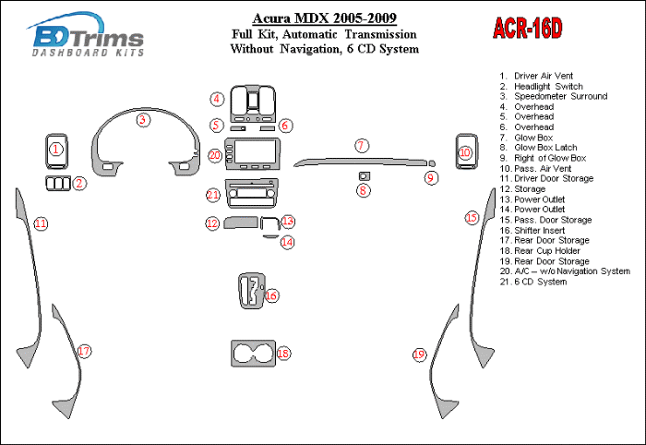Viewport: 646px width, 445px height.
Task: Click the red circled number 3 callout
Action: click(x=142, y=119)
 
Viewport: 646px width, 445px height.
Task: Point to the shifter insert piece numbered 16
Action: click(x=249, y=292)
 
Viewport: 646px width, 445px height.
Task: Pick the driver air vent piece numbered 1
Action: click(x=56, y=150)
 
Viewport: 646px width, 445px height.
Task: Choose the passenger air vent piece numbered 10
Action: click(x=465, y=153)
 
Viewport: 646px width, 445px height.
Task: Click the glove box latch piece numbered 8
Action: click(x=364, y=175)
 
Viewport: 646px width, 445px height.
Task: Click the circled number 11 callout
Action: click(x=41, y=223)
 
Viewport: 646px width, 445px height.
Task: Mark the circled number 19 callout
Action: click(x=419, y=355)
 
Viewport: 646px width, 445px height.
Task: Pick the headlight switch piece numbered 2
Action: click(x=60, y=183)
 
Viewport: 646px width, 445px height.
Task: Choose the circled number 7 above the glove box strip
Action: click(x=362, y=145)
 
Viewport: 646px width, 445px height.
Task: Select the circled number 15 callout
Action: click(x=472, y=218)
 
